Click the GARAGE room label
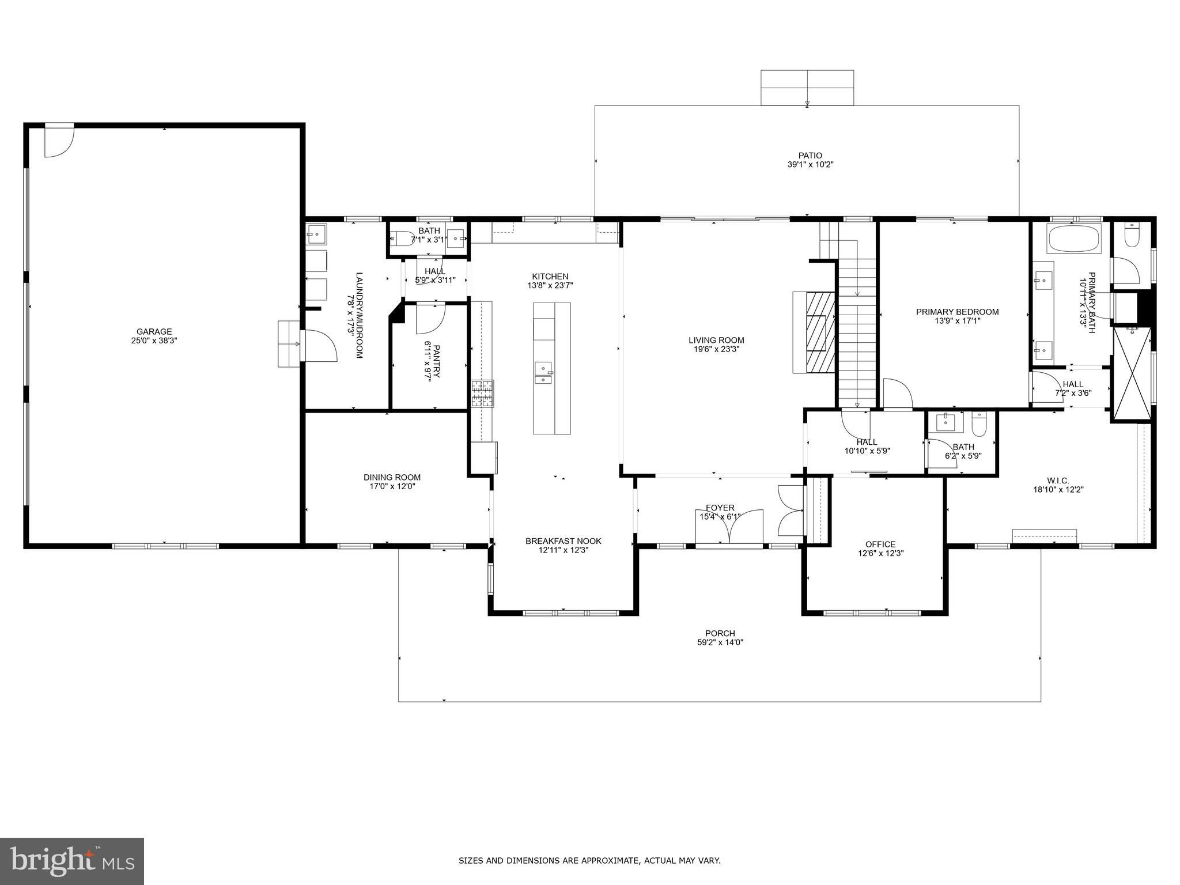[154, 331]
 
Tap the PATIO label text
[810, 155]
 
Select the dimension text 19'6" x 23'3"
[716, 349]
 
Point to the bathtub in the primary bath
[1075, 239]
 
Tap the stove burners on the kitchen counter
[483, 394]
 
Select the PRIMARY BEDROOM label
[957, 312]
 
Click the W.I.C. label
[1058, 481]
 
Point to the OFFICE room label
[880, 544]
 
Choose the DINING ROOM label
[392, 477]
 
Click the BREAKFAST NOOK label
[563, 541]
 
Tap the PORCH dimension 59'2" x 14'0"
[720, 642]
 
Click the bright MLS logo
[72, 861]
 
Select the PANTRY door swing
[431, 318]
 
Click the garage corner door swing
[59, 141]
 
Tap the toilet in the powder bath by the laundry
[401, 239]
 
